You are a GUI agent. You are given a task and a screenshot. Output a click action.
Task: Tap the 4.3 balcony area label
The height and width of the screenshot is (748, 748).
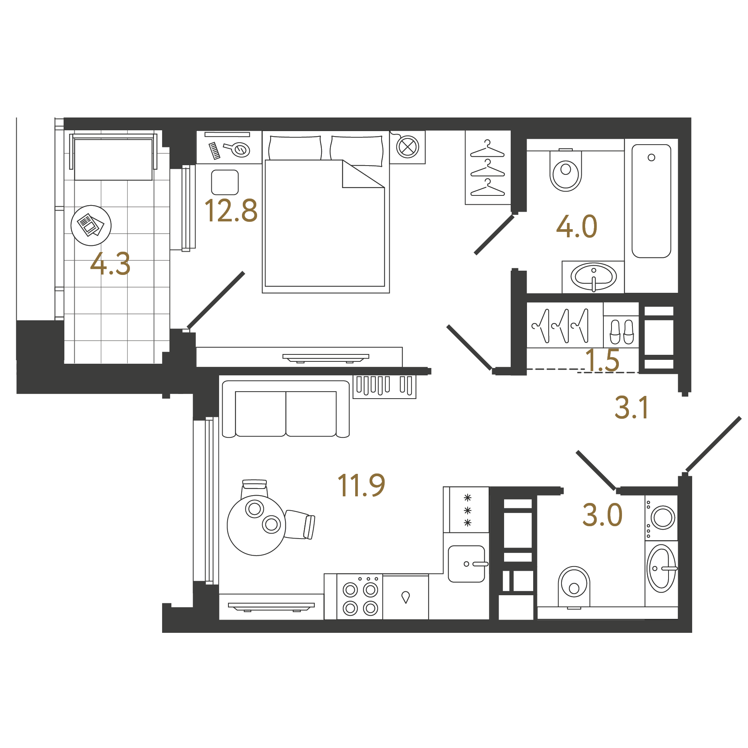point(110,264)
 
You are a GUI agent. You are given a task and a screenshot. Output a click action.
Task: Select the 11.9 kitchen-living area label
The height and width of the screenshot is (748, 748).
point(361,485)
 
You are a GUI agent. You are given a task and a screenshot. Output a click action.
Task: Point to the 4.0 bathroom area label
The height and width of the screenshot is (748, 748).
point(577,226)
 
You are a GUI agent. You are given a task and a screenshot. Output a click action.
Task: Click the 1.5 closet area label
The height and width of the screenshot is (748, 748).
point(602,360)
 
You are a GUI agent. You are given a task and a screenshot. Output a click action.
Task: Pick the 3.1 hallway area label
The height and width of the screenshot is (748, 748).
point(631,408)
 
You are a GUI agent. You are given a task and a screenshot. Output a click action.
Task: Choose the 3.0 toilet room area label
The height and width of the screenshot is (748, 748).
point(602,515)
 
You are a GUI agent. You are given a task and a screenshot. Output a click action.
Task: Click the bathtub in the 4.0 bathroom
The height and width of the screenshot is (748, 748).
point(651,201)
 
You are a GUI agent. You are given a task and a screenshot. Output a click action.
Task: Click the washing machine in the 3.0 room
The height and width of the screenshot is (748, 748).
point(662,518)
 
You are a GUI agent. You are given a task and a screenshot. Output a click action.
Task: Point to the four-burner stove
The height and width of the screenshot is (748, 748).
point(360,597)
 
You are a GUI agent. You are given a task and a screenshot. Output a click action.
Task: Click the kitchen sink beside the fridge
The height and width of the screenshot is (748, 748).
point(467,564)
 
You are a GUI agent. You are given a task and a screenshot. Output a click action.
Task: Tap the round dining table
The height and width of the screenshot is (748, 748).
point(256,525)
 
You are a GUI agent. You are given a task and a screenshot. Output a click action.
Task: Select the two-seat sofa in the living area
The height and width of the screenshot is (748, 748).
point(286,409)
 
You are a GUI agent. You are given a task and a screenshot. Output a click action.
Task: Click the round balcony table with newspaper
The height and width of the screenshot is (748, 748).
point(91,225)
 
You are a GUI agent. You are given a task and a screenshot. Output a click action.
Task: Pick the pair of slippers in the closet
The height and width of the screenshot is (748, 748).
point(622,332)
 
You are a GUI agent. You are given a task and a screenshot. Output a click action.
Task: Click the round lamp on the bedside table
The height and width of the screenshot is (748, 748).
point(408,147)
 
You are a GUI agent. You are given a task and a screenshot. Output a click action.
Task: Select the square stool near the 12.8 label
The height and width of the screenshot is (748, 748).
point(225,182)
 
